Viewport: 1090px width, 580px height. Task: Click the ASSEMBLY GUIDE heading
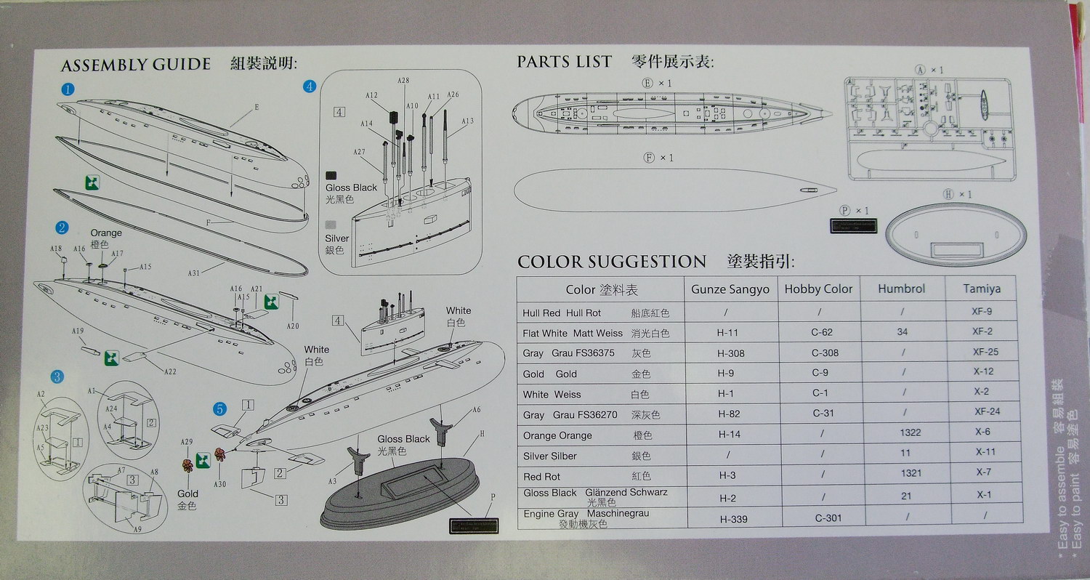135,65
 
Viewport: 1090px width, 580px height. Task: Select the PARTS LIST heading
564,63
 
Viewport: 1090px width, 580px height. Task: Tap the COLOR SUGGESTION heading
611,262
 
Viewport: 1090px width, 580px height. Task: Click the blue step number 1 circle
68,89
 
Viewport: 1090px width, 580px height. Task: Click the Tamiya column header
982,289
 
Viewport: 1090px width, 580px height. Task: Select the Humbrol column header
901,289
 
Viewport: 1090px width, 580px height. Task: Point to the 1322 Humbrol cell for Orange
909,432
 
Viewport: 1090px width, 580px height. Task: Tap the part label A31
194,273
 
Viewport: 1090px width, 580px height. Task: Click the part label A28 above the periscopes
403,81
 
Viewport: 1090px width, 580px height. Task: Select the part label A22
170,371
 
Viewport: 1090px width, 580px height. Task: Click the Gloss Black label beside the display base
403,439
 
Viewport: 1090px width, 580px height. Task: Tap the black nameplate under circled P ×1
853,226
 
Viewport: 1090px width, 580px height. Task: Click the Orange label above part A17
106,233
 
